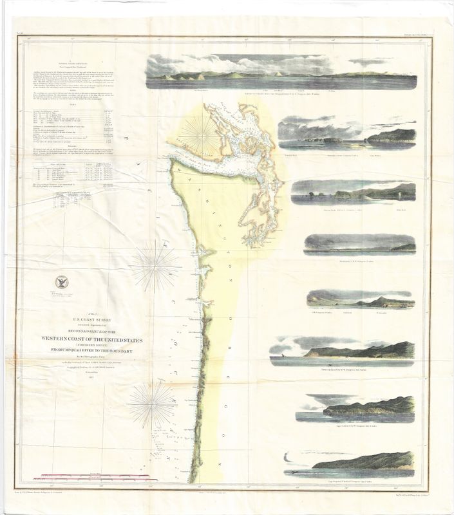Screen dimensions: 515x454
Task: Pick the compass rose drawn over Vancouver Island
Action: pos(200,134)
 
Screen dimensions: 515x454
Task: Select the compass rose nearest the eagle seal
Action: pos(156,265)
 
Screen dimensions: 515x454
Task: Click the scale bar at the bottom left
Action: pos(97,477)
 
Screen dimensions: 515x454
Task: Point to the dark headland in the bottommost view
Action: pos(367,460)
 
